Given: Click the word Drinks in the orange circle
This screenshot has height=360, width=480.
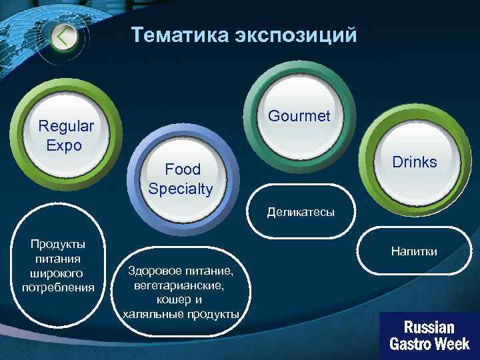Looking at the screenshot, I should click(x=414, y=162).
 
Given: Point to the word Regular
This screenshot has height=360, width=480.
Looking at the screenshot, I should click(x=66, y=126).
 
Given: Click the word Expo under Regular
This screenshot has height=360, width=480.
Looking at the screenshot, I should click(x=64, y=145).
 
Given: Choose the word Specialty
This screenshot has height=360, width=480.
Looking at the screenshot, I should click(x=181, y=189).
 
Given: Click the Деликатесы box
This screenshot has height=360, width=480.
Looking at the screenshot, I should click(x=301, y=213).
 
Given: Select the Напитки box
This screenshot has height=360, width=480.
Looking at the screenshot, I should click(x=414, y=251).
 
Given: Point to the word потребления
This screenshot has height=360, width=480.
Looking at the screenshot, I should click(x=58, y=287).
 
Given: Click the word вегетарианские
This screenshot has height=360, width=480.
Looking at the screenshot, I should click(x=179, y=285).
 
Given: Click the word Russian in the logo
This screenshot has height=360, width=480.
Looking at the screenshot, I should click(x=429, y=327).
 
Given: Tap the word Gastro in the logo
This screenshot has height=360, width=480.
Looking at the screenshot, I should click(x=411, y=345).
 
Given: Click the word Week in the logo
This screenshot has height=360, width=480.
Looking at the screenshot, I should click(x=453, y=345).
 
